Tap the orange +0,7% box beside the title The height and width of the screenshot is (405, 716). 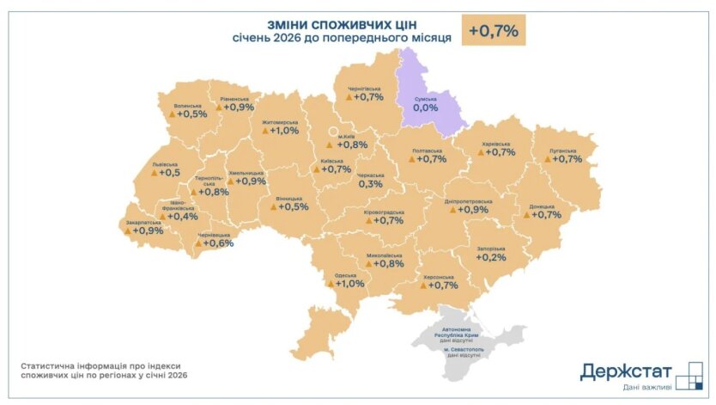click(493, 31)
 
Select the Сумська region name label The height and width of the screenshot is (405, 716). click(426, 99)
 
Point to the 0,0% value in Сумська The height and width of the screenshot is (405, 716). click(426, 109)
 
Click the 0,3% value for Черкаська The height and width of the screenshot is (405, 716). click(370, 184)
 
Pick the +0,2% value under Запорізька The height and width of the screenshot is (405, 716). click(491, 257)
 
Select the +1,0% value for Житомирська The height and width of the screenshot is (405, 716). click(284, 131)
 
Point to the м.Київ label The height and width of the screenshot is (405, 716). click(346, 135)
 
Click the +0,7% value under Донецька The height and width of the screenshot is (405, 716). click(546, 215)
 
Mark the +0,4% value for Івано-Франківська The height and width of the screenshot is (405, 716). click(182, 217)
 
